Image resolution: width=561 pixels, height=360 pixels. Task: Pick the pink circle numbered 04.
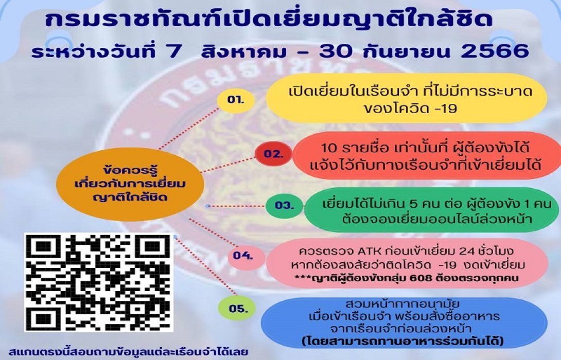pos(242,255)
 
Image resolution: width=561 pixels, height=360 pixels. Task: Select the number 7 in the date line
pos(157,51)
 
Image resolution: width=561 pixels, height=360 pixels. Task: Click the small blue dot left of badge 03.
pos(207,206)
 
